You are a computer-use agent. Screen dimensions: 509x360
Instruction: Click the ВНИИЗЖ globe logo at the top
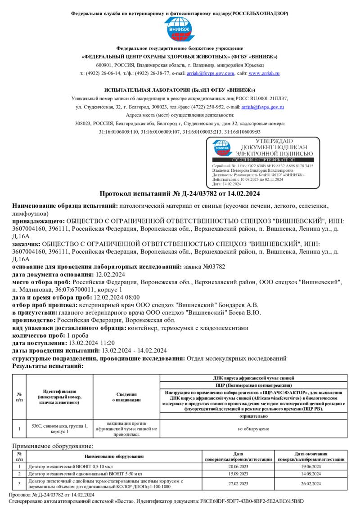(180, 30)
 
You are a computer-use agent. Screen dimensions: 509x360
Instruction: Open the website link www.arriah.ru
(264, 73)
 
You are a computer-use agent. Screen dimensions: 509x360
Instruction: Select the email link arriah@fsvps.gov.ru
(262, 107)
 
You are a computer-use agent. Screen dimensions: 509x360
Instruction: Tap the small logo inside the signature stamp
(222, 147)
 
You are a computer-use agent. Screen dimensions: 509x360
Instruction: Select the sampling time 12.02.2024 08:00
(116, 297)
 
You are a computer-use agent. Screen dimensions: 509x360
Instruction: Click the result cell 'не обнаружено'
(253, 429)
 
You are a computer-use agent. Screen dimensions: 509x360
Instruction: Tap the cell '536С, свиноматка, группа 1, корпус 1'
(59, 429)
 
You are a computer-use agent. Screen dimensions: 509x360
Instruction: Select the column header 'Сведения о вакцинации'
(126, 397)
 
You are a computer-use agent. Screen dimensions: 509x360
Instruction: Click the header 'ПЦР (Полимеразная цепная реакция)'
(253, 385)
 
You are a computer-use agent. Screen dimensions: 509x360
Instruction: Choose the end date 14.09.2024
(311, 474)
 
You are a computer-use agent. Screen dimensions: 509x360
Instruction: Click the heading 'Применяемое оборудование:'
(53, 446)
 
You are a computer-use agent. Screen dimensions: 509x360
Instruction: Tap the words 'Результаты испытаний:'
(48, 366)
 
